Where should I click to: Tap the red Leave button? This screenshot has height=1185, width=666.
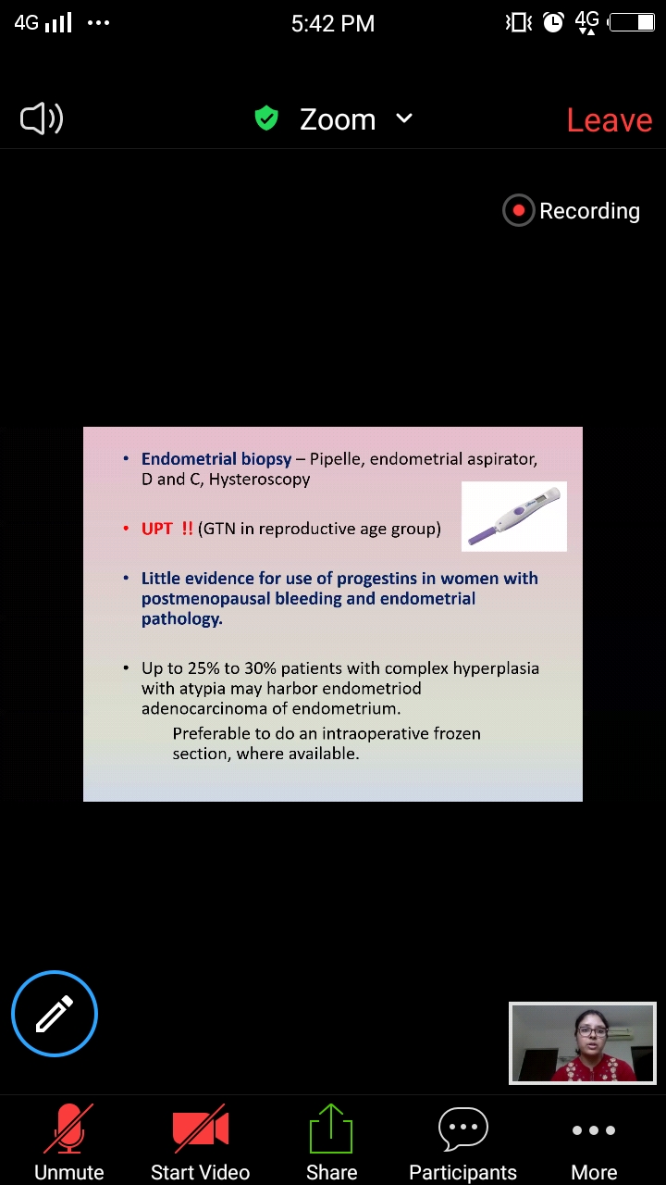[x=610, y=120]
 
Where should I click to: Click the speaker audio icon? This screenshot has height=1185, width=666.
[x=42, y=118]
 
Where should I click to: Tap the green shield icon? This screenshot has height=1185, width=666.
[x=266, y=118]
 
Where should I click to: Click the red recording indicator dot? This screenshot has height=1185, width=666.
[x=519, y=210]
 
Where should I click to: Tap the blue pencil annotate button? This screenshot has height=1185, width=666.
[x=55, y=1014]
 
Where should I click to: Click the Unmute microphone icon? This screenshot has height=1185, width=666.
[x=68, y=1128]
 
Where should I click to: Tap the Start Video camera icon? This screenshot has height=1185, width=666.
[x=201, y=1129]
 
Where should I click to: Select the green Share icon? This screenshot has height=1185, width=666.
[x=331, y=1129]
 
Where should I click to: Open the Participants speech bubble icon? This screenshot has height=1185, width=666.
[x=463, y=1129]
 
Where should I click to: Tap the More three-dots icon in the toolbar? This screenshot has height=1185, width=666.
[x=594, y=1130]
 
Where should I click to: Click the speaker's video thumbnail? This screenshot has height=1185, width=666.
[x=583, y=1043]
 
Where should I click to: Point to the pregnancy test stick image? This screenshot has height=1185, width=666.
[x=514, y=517]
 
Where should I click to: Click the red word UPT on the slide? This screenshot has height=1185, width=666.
[x=157, y=529]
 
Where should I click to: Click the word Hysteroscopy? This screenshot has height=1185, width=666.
[x=260, y=480]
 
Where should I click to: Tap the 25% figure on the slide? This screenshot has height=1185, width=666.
[x=203, y=668]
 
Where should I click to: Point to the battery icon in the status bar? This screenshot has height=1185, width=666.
[x=632, y=23]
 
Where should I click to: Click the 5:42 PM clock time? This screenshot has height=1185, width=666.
[x=333, y=23]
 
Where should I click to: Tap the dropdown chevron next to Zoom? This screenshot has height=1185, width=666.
[x=404, y=118]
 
